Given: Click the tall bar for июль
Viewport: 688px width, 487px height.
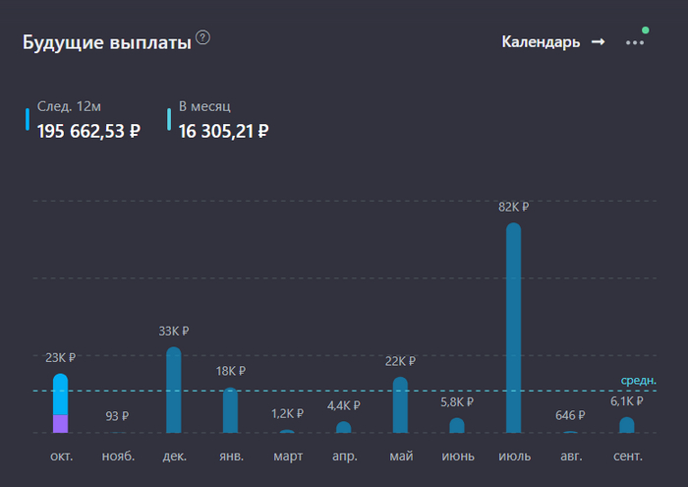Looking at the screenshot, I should click(x=513, y=329).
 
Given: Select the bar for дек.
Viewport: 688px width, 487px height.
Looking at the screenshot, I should click(x=174, y=391).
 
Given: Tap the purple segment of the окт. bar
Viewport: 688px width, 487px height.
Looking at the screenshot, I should click(x=61, y=424).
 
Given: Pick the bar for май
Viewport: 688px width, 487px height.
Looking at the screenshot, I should click(x=400, y=405).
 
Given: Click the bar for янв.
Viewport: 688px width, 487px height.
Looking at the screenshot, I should click(x=230, y=410).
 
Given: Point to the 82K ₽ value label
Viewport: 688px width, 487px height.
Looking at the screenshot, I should click(x=513, y=208).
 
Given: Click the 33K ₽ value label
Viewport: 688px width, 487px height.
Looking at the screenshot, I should click(x=174, y=332).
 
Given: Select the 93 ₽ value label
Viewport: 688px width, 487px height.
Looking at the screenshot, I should click(x=117, y=416).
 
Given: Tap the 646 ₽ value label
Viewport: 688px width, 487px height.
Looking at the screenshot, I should click(x=570, y=416).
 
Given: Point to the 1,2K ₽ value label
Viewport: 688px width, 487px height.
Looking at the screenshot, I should click(x=287, y=414).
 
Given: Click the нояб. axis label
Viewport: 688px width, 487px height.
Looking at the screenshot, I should click(x=118, y=457).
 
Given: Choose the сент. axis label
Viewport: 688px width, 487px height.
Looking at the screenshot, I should click(x=626, y=457).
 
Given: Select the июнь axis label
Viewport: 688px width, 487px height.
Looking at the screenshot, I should click(x=457, y=457).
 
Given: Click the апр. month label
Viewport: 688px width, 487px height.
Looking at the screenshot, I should click(x=343, y=457).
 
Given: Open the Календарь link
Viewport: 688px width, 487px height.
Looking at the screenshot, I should click(x=552, y=42).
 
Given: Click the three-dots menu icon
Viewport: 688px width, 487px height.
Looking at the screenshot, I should click(x=635, y=43).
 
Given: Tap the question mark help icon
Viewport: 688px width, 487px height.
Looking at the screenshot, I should click(x=202, y=37).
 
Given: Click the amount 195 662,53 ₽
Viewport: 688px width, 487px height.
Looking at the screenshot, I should click(x=88, y=130).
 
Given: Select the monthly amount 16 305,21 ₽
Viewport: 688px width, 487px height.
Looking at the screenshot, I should click(x=223, y=130).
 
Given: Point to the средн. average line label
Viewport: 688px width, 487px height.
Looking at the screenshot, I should click(x=638, y=380).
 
